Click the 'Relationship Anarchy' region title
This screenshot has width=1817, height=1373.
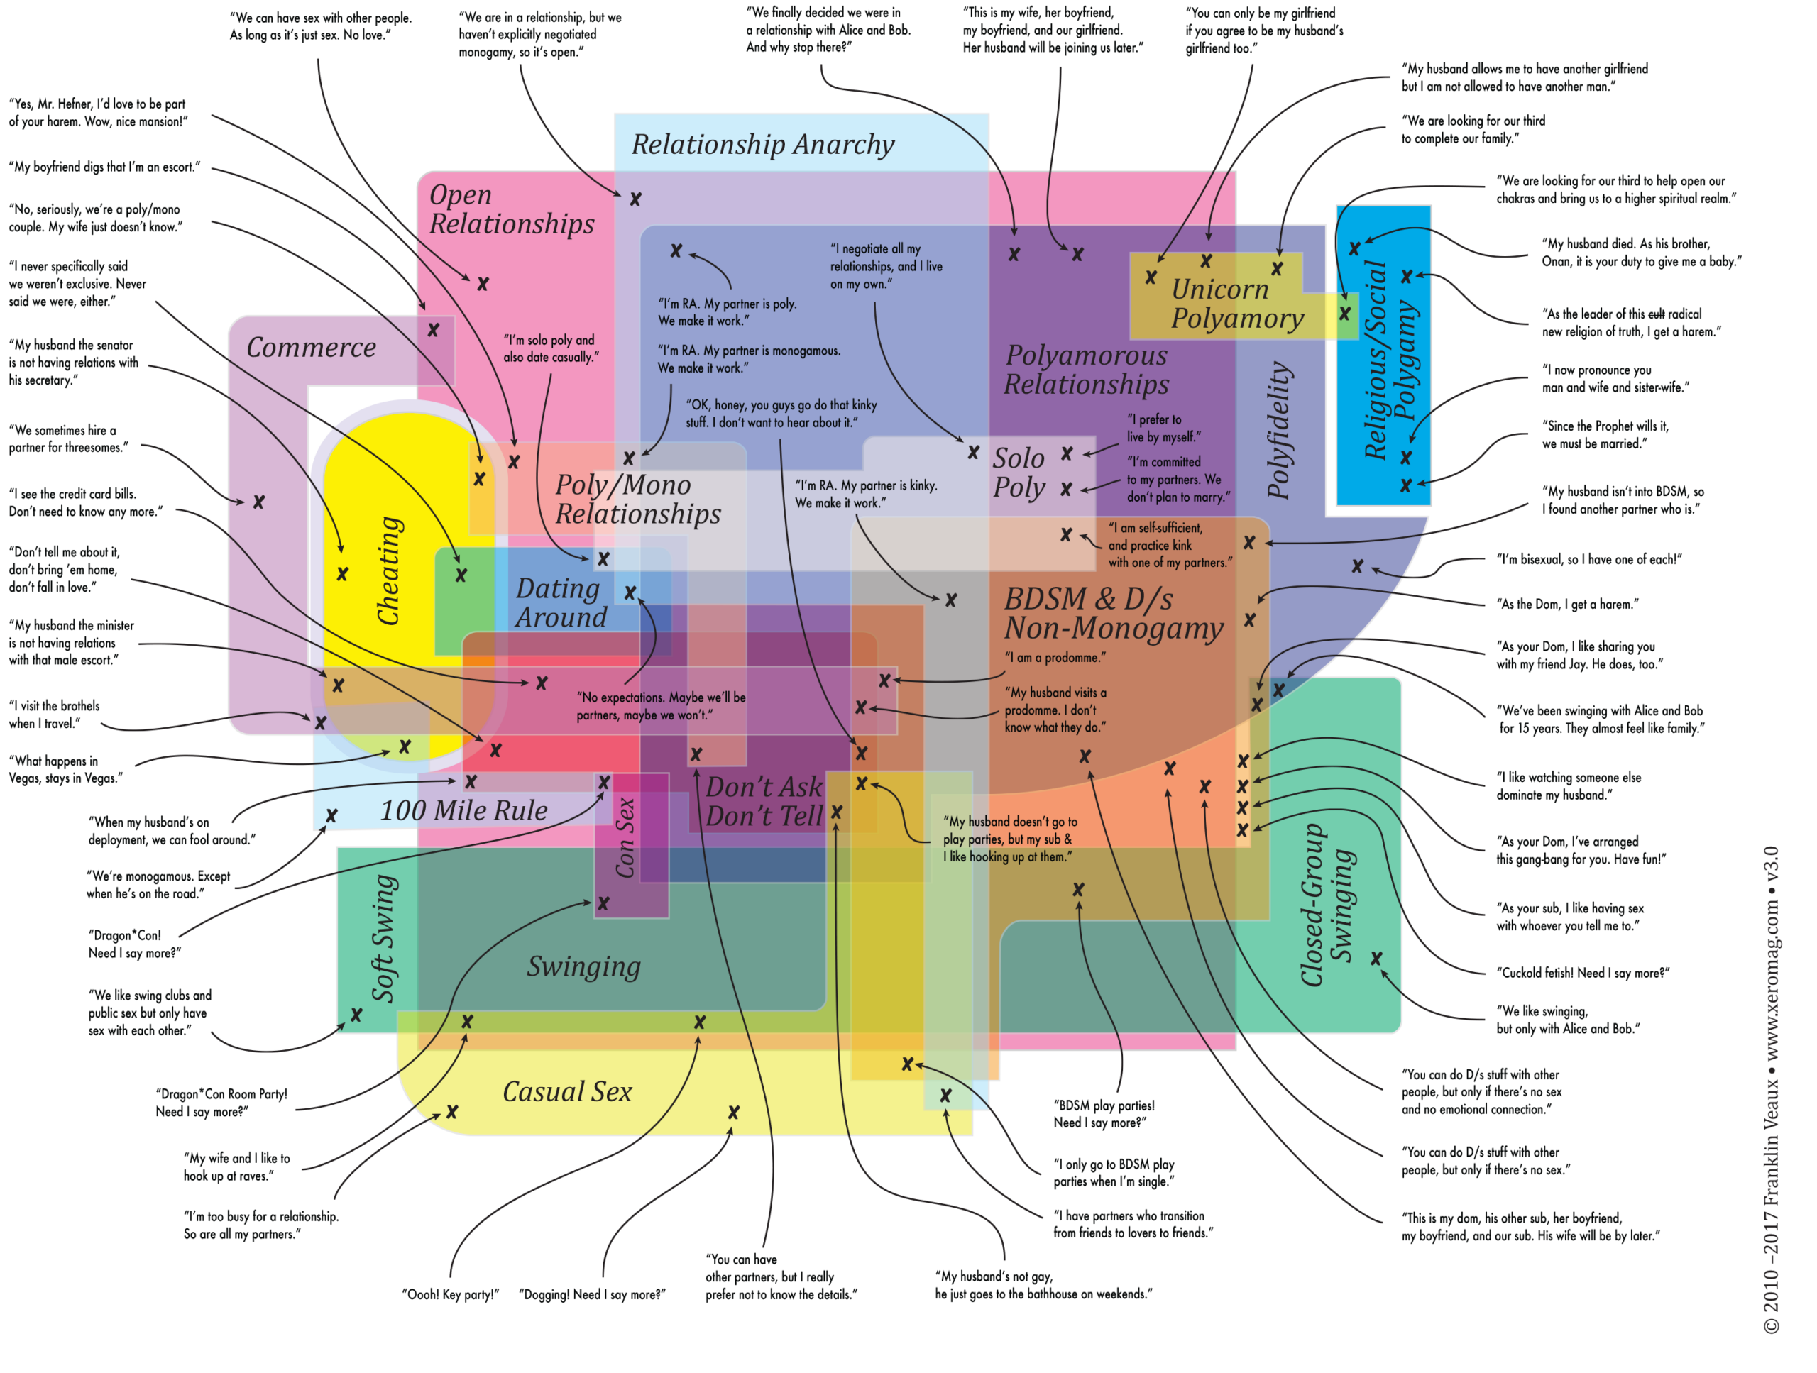pos(762,145)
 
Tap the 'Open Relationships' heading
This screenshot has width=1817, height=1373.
pos(512,209)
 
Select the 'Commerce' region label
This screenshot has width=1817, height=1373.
pos(312,348)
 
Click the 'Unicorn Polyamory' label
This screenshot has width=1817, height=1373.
pos(1237,304)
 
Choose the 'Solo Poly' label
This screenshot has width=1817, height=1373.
pos(1019,472)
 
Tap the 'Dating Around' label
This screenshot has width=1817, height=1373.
pos(561,602)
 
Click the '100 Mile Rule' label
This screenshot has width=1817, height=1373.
pos(463,810)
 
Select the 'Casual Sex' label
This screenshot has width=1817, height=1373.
pos(567,1091)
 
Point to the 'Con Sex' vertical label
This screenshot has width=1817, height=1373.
pos(625,837)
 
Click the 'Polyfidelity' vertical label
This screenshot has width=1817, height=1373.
pos(1279,430)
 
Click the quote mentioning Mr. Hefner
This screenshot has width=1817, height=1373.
pos(98,113)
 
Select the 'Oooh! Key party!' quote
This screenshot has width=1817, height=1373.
pos(450,1294)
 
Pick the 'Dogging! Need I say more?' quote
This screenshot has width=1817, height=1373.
pos(592,1294)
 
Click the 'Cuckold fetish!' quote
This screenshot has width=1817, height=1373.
pos(1583,972)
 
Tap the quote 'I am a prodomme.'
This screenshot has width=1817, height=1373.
pos(1055,657)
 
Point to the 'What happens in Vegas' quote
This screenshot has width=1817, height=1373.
pos(66,769)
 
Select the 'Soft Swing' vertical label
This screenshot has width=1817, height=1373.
pos(385,939)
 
